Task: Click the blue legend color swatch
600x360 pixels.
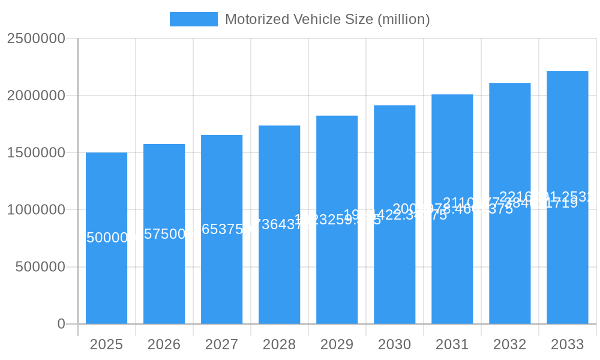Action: [193, 19]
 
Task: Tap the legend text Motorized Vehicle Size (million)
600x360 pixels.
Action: [327, 19]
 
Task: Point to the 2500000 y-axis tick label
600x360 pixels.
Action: [35, 38]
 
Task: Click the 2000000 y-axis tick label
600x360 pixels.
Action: [35, 95]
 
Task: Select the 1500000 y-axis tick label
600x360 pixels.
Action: [35, 152]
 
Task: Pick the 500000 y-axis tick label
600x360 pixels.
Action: [40, 267]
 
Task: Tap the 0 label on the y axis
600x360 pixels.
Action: [61, 324]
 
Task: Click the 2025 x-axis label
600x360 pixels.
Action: [106, 344]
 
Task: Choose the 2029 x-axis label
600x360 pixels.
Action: [337, 344]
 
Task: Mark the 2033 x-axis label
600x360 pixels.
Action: [567, 344]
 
